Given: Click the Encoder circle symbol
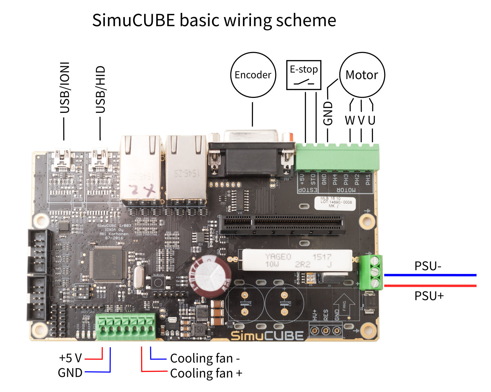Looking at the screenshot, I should (253, 75).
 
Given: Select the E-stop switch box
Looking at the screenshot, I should (304, 75).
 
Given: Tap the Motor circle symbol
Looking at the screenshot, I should (362, 75).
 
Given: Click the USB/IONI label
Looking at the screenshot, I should (65, 88).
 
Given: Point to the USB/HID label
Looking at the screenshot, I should (101, 89).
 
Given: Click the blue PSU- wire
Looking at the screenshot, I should (430, 275).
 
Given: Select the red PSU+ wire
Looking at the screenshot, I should (430, 286).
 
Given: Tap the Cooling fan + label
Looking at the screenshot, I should (206, 373).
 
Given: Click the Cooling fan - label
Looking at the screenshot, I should (205, 358).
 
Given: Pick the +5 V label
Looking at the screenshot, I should (70, 358).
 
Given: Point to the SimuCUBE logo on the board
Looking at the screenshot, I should (267, 335).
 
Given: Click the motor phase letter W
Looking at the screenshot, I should (350, 120).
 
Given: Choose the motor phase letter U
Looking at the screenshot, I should (372, 120).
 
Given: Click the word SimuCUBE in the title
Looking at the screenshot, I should (133, 20).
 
